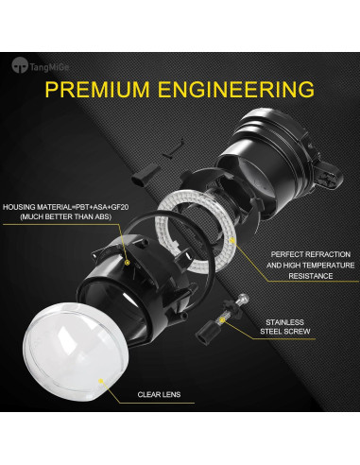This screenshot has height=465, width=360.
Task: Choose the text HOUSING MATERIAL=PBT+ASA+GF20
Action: (x=59, y=206)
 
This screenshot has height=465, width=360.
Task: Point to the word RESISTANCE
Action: (x=304, y=276)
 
